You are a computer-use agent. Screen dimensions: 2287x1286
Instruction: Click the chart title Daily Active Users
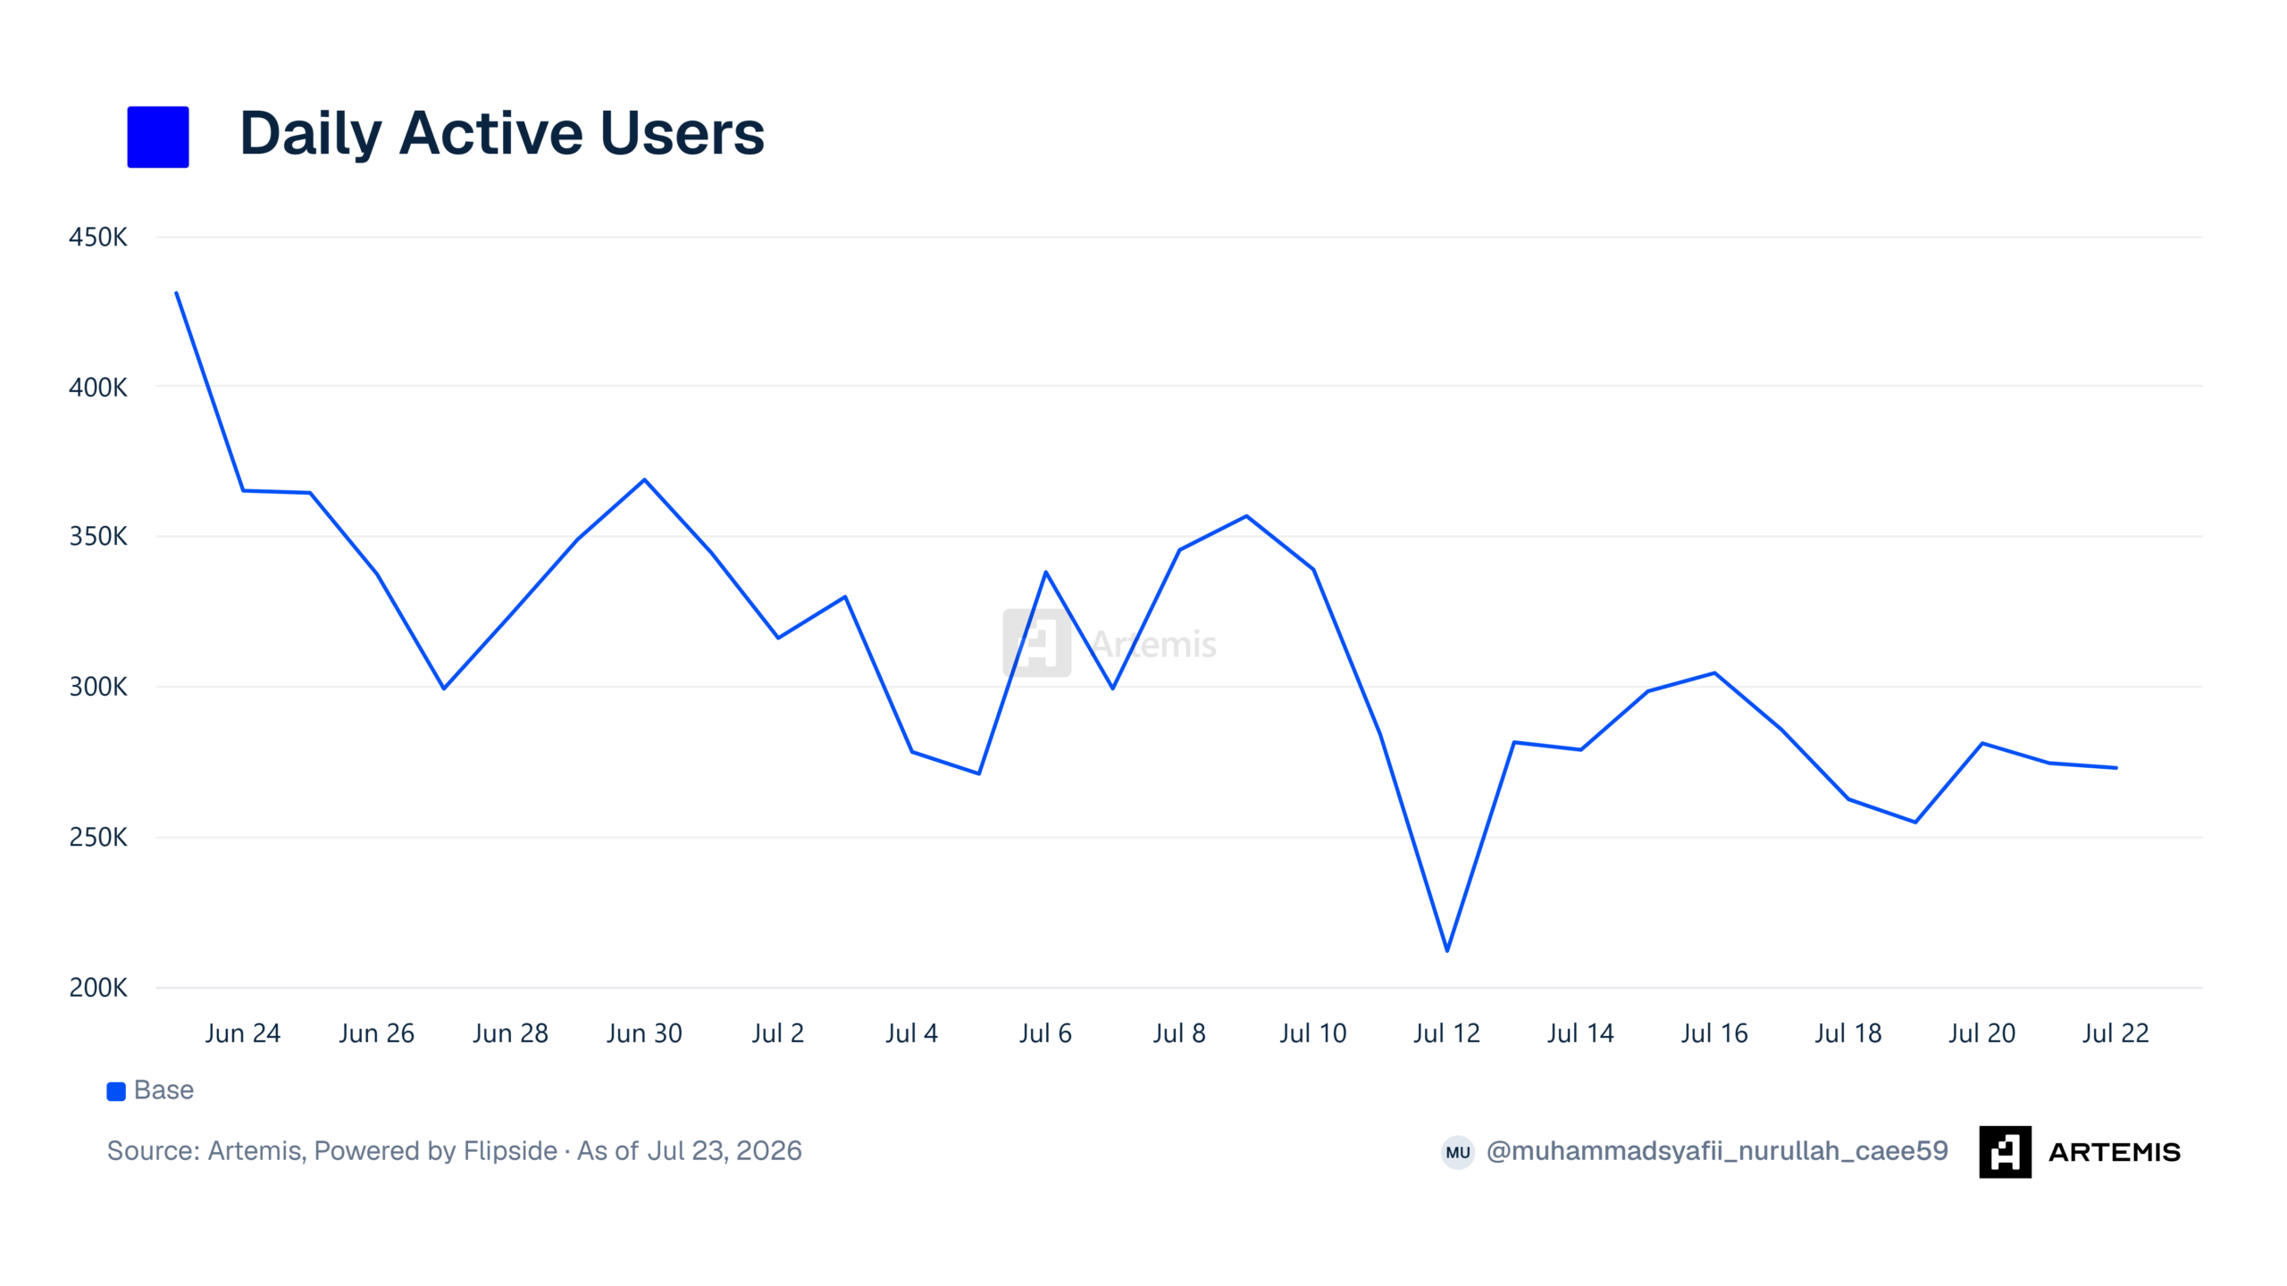(x=502, y=134)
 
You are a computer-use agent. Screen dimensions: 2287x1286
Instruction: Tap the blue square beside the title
(x=158, y=137)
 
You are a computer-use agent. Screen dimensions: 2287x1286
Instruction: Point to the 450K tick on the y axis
(x=98, y=238)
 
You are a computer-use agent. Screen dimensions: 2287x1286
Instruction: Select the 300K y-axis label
(x=98, y=687)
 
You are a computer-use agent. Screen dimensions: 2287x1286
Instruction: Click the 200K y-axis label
(x=98, y=988)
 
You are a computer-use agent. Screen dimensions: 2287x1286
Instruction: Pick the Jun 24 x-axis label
(x=243, y=1033)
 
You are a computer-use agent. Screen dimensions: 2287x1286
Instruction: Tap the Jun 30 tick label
(x=644, y=1033)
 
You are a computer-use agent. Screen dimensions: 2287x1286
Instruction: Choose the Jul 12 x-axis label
(x=1446, y=1033)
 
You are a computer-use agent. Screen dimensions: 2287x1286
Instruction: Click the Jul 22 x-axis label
(x=2115, y=1033)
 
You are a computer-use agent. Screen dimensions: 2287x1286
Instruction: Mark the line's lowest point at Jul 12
(x=1447, y=951)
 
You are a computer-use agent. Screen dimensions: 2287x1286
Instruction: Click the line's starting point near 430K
(x=177, y=293)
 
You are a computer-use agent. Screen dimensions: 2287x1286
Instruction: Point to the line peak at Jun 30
(x=644, y=480)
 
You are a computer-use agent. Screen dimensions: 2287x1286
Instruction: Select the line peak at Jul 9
(x=1246, y=516)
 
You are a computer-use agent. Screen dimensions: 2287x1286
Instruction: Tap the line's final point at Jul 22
(x=2115, y=768)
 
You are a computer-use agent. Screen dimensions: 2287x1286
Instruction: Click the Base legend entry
(x=150, y=1090)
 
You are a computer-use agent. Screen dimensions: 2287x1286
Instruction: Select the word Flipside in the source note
(x=510, y=1151)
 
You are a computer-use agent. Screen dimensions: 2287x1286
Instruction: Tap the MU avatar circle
(x=1458, y=1152)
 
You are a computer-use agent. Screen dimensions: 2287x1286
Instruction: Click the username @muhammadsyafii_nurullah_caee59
(x=1717, y=1151)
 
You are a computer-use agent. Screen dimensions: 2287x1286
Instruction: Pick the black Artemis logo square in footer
(x=2005, y=1152)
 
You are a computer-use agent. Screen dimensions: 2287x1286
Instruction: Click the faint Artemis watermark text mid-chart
(x=1153, y=644)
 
